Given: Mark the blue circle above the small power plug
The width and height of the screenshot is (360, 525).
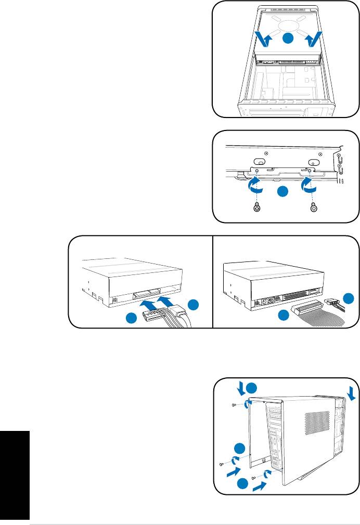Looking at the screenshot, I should pyautogui.click(x=350, y=298).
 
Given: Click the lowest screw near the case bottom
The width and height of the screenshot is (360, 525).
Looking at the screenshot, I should pyautogui.click(x=253, y=477).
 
